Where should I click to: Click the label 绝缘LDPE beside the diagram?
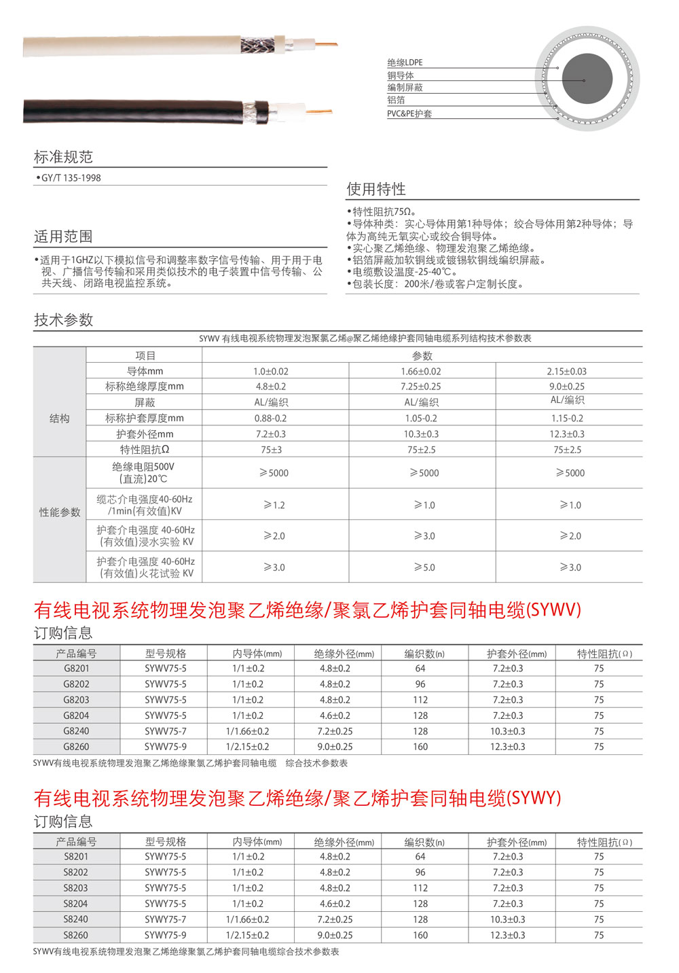pyautogui.click(x=405, y=63)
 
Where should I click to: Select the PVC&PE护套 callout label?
pyautogui.click(x=409, y=113)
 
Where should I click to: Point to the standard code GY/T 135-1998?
pyautogui.click(x=71, y=178)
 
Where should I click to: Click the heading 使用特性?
pyautogui.click(x=376, y=189)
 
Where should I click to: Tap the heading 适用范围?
pyautogui.click(x=63, y=236)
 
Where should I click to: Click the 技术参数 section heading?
pyautogui.click(x=63, y=320)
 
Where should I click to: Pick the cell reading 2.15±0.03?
pyautogui.click(x=566, y=372)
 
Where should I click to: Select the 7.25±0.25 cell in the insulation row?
pyautogui.click(x=420, y=387)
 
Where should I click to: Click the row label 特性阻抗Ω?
pyautogui.click(x=145, y=450)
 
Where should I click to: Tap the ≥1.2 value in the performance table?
pyautogui.click(x=274, y=505)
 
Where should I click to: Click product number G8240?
pyautogui.click(x=76, y=731)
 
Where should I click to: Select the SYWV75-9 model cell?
pyautogui.click(x=165, y=747)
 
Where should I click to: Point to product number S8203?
pyautogui.click(x=76, y=888)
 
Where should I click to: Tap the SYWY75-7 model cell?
pyautogui.click(x=165, y=919)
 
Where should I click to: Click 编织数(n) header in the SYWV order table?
pyautogui.click(x=424, y=654)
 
